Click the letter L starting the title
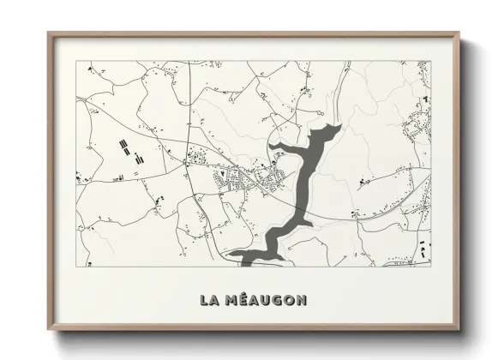click(204, 300)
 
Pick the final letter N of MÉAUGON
click(300, 300)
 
